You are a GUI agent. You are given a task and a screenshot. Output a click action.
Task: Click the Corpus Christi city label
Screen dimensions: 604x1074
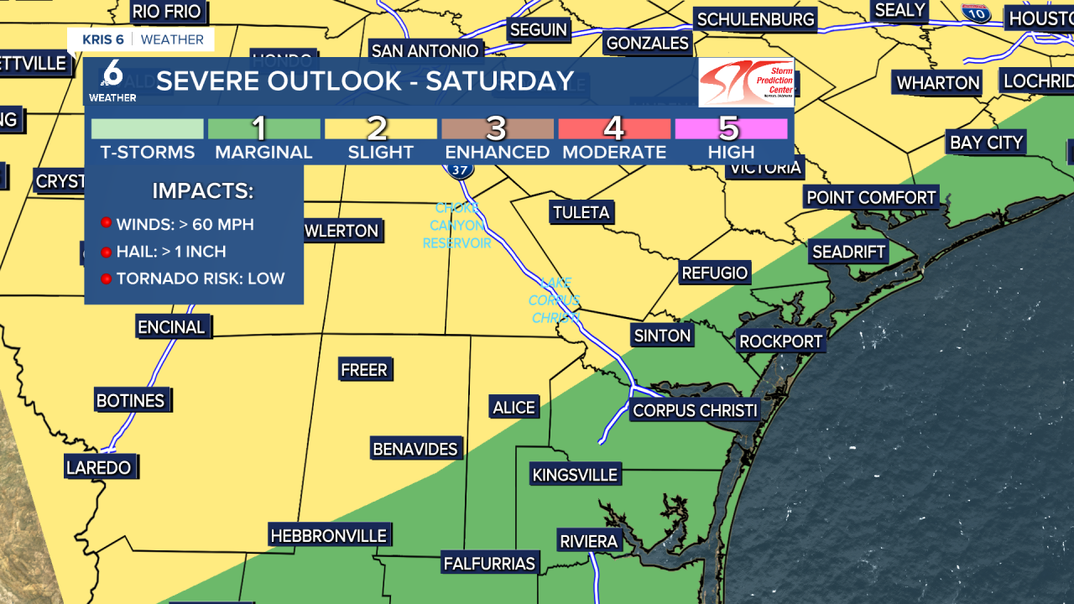tap(695, 410)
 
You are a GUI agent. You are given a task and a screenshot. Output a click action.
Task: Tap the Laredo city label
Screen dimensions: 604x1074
tap(99, 467)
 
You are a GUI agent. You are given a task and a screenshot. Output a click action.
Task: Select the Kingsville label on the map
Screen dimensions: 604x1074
tap(575, 475)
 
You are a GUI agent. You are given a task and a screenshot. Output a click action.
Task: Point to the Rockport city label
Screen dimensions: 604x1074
tap(780, 341)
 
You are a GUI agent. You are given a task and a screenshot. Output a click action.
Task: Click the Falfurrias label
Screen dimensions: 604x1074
tap(490, 563)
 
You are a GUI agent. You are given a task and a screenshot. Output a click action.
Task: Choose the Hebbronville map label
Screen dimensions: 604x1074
tap(328, 535)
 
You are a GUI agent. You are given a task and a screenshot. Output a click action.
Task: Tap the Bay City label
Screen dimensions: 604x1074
tap(986, 143)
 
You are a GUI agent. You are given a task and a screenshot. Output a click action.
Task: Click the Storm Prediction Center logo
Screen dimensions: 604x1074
tap(746, 82)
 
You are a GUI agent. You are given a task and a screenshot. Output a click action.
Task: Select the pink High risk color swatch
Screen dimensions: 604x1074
tap(729, 128)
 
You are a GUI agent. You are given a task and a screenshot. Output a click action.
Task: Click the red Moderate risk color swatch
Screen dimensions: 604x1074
tap(613, 128)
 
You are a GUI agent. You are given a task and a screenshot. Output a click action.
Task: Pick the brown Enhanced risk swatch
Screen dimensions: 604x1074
tap(497, 128)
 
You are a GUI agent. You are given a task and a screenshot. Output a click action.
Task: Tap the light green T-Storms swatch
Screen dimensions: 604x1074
tap(148, 128)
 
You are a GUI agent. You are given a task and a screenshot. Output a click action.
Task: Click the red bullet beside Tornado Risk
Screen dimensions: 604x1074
tap(107, 279)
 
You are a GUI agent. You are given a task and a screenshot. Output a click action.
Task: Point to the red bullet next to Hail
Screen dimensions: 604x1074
tap(107, 252)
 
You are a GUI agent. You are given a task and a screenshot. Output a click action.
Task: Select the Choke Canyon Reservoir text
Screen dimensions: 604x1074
tap(456, 226)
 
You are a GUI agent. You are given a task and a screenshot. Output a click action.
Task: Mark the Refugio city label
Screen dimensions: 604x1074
tap(714, 273)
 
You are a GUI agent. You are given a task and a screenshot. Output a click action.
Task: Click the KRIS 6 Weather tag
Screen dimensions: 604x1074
tap(142, 39)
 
